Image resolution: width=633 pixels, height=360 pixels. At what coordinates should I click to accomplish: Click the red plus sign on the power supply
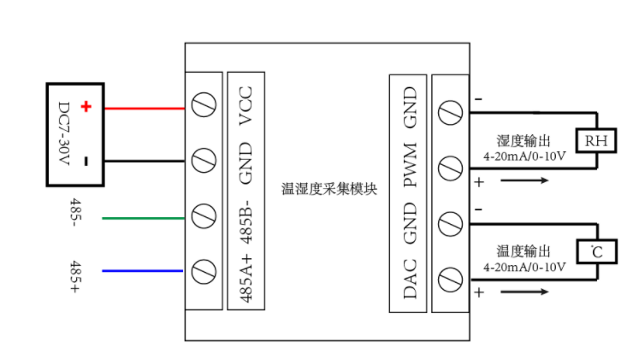86,107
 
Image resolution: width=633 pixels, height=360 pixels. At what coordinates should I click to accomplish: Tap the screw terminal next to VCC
204,107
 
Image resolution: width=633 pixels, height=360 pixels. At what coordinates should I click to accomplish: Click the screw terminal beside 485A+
204,272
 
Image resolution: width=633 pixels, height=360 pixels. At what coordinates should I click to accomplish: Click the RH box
596,140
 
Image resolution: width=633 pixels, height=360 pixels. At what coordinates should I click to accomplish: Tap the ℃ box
596,252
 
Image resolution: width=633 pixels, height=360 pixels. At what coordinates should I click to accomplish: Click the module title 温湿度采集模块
329,188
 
